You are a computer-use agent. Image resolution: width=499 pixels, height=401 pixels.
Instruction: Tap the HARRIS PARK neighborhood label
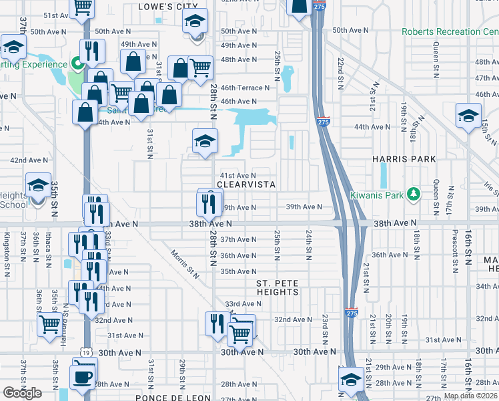tap(404, 159)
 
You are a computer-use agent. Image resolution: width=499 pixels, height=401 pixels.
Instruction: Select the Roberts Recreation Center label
tap(450, 31)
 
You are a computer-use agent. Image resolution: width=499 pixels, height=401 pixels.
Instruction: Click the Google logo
tap(22, 393)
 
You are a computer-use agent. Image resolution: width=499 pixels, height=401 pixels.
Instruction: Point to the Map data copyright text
tap(471, 396)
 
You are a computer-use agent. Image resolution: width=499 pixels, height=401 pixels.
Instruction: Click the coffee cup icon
tap(83, 376)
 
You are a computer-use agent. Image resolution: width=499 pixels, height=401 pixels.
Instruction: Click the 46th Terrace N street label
tap(245, 88)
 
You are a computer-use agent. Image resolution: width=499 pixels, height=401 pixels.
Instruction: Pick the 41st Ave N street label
tap(238, 175)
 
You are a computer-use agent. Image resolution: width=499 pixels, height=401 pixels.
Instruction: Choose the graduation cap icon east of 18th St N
tap(468, 116)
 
